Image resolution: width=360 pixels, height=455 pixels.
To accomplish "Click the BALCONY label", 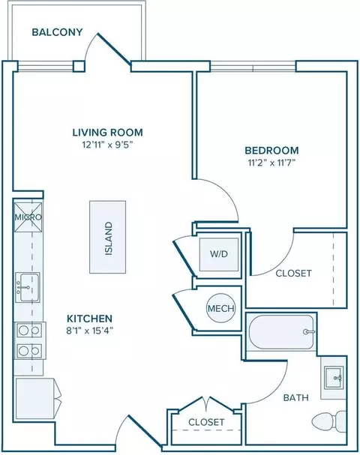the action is [57, 32].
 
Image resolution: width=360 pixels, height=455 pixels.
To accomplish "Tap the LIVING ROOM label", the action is [107, 133].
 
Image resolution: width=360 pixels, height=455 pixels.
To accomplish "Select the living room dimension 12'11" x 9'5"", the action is [107, 145].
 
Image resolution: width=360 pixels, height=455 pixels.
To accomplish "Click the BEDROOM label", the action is [271, 151].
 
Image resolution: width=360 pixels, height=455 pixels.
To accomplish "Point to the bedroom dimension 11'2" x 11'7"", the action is [271, 163].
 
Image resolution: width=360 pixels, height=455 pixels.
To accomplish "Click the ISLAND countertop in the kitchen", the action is [108, 237].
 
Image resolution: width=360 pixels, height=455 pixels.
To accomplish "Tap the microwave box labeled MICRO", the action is [28, 217].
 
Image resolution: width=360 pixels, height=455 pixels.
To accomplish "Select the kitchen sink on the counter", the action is [28, 287].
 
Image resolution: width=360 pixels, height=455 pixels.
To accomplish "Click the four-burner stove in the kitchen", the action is [29, 340].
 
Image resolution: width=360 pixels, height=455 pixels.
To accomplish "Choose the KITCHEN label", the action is [89, 319].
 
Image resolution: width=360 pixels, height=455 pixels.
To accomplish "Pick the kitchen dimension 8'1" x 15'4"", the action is [89, 331].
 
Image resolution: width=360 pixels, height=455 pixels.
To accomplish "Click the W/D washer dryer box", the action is [219, 255].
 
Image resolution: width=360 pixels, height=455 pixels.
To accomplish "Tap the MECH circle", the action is [221, 308].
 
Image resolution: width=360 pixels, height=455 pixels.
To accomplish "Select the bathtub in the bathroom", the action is [281, 331].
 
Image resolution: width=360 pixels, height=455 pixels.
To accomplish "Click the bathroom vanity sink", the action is [334, 378].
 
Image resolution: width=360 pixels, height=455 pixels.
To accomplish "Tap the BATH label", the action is [295, 397].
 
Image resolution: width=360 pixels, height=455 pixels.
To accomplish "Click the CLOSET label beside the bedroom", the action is [293, 273].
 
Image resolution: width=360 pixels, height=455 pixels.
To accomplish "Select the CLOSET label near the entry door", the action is [206, 422].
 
